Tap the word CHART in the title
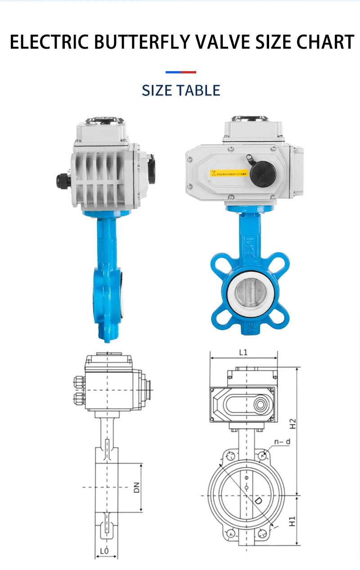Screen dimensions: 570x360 [x=325, y=42]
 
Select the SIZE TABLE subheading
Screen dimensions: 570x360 [x=181, y=90]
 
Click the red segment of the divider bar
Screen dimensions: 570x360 [x=189, y=72]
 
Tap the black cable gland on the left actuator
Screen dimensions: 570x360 [x=63, y=181]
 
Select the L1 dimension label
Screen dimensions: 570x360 [x=243, y=353]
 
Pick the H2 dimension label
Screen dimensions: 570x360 [x=292, y=423]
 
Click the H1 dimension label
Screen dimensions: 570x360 [x=292, y=521]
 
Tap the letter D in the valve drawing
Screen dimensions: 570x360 [x=258, y=501]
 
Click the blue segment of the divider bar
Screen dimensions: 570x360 [x=173, y=72]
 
